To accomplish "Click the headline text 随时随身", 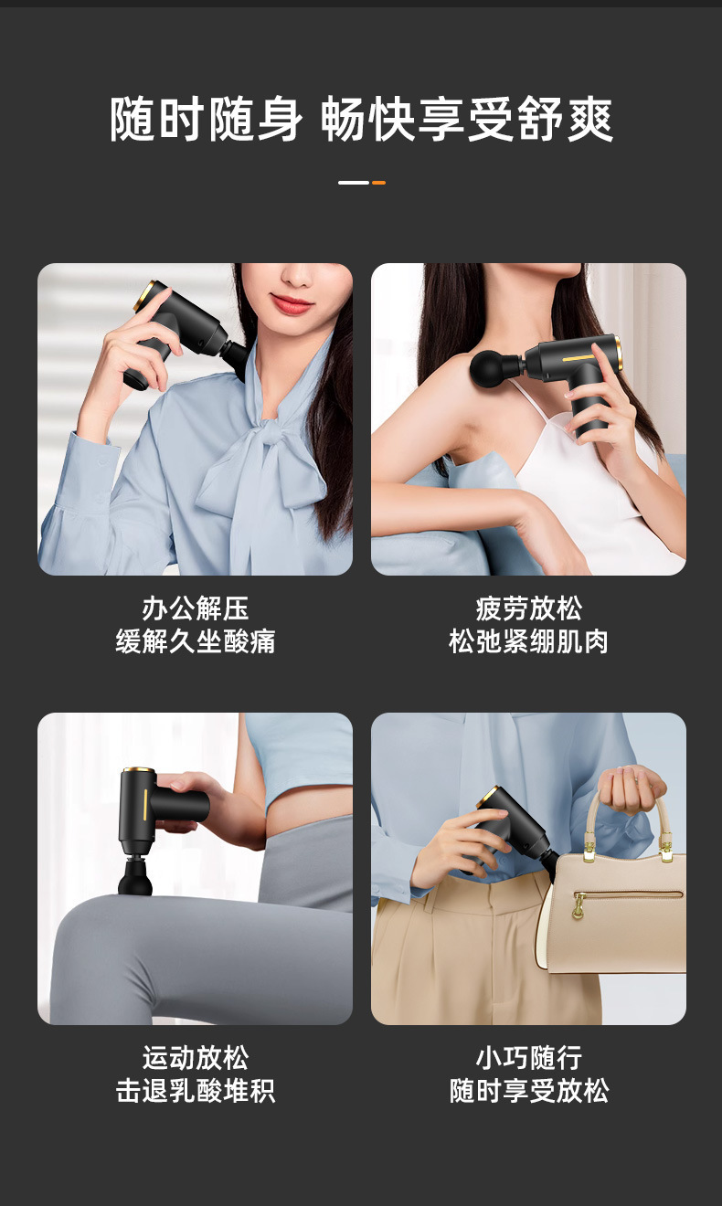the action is pyautogui.click(x=207, y=120).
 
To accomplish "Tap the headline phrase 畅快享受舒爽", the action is pyautogui.click(x=467, y=120).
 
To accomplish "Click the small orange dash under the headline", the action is pyautogui.click(x=379, y=183).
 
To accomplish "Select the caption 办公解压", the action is pyautogui.click(x=196, y=608).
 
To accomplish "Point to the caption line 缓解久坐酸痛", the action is pyautogui.click(x=196, y=641).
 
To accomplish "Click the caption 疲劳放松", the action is pyautogui.click(x=529, y=608).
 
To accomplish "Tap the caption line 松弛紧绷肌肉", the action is pyautogui.click(x=529, y=641).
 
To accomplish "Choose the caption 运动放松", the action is pyautogui.click(x=196, y=1058).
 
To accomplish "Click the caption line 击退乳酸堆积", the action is pyautogui.click(x=196, y=1091).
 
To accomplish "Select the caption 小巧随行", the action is pyautogui.click(x=529, y=1058).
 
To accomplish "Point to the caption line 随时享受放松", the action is pyautogui.click(x=529, y=1091).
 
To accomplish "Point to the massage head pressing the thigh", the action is pyautogui.click(x=135, y=878).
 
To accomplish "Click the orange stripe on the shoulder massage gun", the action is pyautogui.click(x=579, y=357).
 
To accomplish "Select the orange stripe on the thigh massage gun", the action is pyautogui.click(x=144, y=804).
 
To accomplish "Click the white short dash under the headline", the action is pyautogui.click(x=354, y=183).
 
